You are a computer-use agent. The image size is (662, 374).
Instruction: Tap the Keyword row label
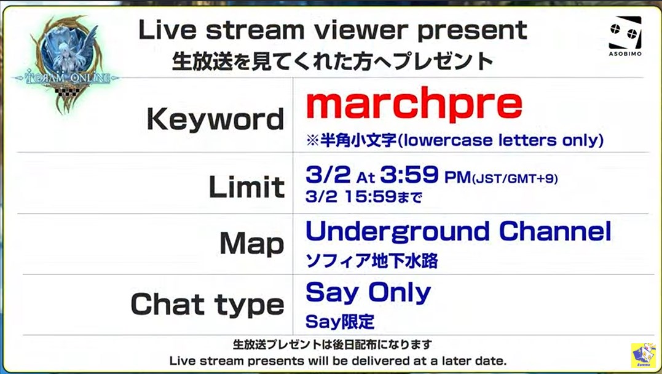click(215, 119)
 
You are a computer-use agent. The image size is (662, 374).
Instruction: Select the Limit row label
click(247, 186)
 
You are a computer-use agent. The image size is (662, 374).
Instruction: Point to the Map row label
click(252, 244)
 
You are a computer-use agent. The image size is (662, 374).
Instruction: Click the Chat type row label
click(207, 304)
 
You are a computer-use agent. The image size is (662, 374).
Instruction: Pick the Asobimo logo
click(625, 36)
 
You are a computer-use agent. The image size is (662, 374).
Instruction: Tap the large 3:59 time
click(409, 174)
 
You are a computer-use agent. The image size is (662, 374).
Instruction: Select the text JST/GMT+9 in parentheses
click(514, 179)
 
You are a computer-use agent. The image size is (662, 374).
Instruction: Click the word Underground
click(398, 232)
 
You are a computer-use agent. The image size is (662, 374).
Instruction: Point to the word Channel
click(555, 231)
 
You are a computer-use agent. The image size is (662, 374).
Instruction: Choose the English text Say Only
click(368, 293)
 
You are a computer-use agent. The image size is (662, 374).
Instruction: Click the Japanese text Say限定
click(340, 322)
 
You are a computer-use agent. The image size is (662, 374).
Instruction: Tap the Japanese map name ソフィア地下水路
click(372, 261)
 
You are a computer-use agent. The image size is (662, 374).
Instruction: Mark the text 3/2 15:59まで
click(364, 196)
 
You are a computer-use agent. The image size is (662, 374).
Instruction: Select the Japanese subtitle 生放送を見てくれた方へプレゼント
click(333, 62)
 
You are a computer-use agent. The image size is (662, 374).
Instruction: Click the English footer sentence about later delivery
click(337, 361)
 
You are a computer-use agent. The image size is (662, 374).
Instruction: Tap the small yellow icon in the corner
click(644, 355)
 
